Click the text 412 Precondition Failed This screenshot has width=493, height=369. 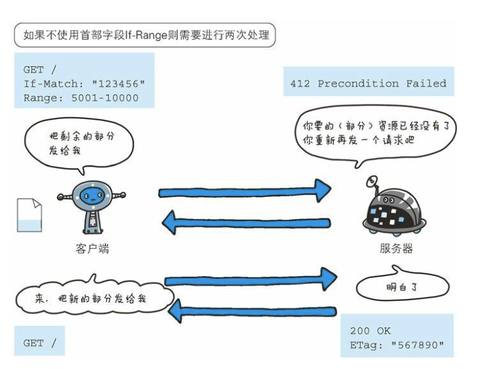[x=368, y=84]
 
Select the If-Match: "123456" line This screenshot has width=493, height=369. [x=84, y=84]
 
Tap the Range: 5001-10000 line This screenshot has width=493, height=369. [x=81, y=97]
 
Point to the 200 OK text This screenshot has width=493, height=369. [x=370, y=331]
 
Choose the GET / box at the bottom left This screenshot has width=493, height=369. [x=39, y=342]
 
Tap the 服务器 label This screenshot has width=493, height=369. [x=396, y=249]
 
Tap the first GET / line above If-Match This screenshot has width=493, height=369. [x=39, y=70]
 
